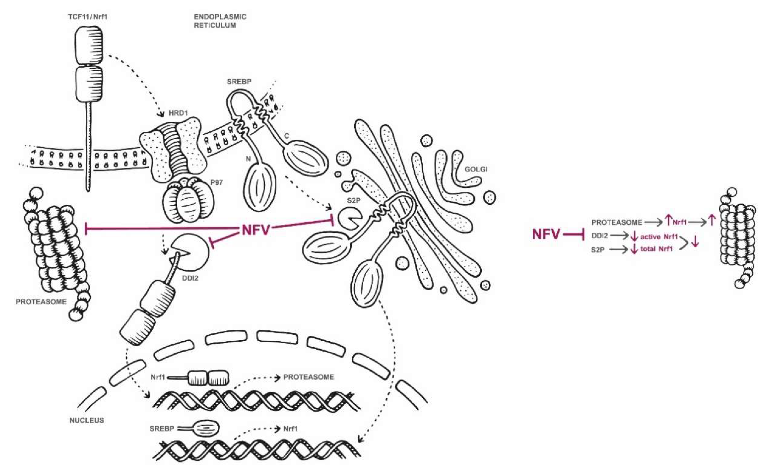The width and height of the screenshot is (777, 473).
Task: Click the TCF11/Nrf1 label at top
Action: point(88,17)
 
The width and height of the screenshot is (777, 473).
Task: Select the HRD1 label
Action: point(178,113)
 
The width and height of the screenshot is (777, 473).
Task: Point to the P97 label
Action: point(216,182)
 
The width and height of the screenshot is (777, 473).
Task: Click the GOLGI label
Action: point(476,169)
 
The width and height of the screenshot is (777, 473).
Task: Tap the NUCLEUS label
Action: point(87,420)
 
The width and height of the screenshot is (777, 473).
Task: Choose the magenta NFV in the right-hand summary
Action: point(546,234)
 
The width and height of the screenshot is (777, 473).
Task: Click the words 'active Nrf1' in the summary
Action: point(659,236)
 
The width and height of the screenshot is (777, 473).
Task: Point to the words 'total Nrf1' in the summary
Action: point(657,249)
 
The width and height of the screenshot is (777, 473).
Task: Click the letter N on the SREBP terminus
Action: point(248,159)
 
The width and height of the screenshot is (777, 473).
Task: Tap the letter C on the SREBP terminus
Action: point(287,136)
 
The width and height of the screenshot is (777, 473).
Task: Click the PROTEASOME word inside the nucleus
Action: point(308,377)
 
